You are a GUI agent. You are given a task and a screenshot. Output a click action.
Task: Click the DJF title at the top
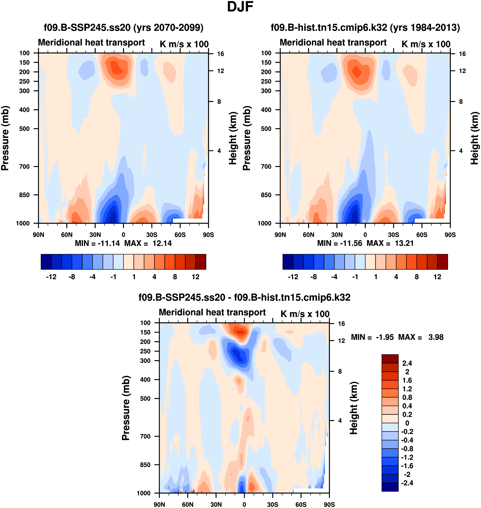pos(240,7)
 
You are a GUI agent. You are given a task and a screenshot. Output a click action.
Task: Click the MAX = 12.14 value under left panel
pos(148,243)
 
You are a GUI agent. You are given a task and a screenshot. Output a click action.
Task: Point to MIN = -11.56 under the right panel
pos(339,243)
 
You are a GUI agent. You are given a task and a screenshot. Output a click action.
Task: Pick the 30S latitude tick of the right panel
pos(393,235)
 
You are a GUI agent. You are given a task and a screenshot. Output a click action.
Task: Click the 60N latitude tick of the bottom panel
pos(188,505)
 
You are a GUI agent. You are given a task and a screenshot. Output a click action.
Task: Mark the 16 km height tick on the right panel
pos(462,54)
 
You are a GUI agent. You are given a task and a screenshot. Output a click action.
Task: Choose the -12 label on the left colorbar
pos(51,277)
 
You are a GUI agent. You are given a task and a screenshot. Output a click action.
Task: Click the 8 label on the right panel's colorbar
pos(417,277)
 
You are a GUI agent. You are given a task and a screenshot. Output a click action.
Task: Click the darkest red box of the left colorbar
pos(201,262)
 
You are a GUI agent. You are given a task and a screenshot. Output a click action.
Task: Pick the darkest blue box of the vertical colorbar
pos(390,487)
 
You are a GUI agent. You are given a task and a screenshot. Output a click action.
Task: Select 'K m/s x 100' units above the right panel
pos(426,44)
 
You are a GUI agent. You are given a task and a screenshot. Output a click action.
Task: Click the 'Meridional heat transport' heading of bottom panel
pos(212,313)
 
